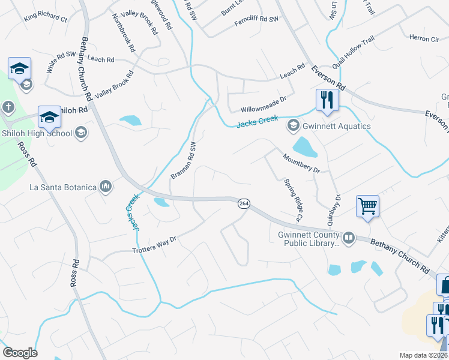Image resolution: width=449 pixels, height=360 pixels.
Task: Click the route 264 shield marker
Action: point(243,203)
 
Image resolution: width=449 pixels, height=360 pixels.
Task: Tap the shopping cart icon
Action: point(367,206)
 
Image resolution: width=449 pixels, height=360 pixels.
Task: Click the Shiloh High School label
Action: point(37,133)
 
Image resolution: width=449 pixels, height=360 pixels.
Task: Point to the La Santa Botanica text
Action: point(63,187)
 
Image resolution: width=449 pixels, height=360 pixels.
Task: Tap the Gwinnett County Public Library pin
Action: point(349,238)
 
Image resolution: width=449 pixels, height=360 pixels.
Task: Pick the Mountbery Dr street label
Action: point(301,163)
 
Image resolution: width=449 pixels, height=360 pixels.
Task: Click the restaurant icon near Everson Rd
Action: point(327,100)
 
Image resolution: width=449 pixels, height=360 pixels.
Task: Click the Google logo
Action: point(20,353)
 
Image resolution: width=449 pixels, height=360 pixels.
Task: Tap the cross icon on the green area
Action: point(8,107)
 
